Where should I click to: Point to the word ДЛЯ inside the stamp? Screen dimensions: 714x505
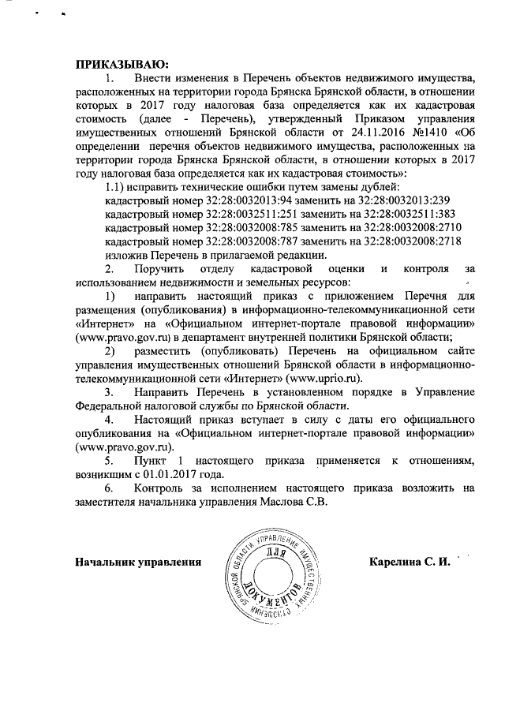pyautogui.click(x=275, y=553)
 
